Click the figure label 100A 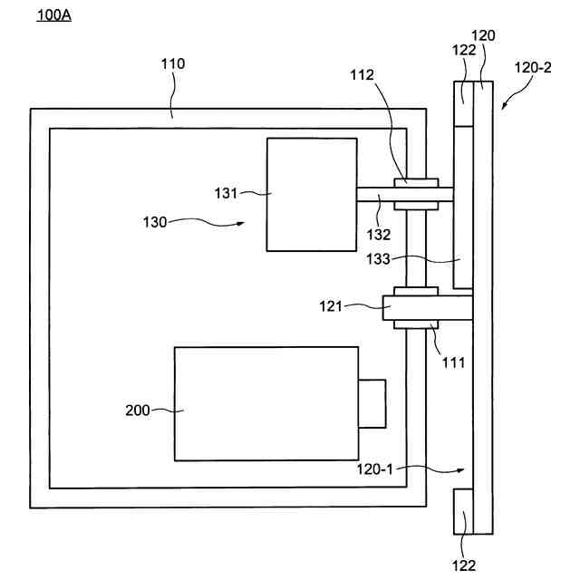(x=52, y=17)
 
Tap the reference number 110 (x=173, y=63)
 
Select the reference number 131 (x=226, y=192)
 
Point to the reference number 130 (x=156, y=220)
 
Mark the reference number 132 (x=378, y=234)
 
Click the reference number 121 (x=332, y=307)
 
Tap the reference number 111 (x=452, y=362)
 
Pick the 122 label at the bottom (x=463, y=565)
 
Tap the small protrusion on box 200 (x=372, y=403)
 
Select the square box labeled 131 (x=311, y=194)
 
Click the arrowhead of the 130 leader (x=245, y=223)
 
